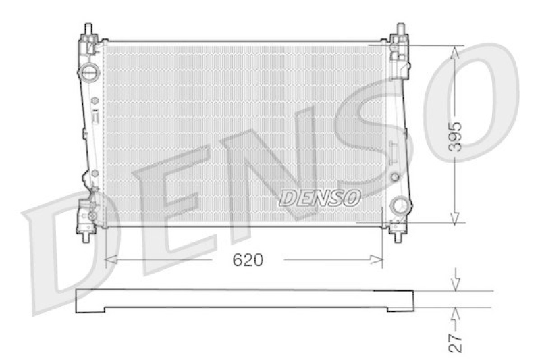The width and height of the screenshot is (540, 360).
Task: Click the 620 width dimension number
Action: coord(248,260)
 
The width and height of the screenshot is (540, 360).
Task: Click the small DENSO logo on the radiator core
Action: coord(321,197)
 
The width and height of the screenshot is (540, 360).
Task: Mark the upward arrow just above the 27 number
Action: coord(457,313)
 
